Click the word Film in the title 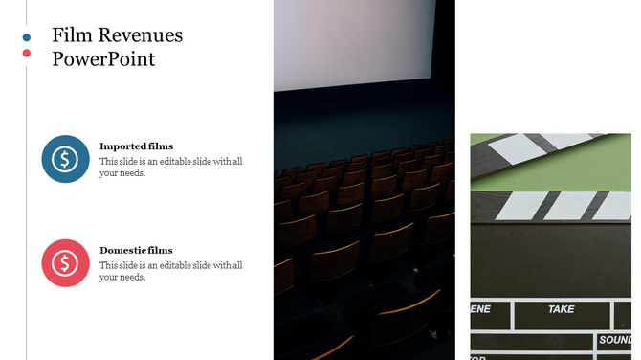(71, 36)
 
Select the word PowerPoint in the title (103, 58)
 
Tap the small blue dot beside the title (27, 37)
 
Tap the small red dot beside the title (27, 53)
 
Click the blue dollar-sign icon (65, 159)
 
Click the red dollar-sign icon (65, 262)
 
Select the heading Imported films (136, 146)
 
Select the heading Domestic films (136, 250)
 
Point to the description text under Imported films (170, 167)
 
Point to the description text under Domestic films (170, 271)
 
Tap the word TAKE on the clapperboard (561, 309)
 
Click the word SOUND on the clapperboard (615, 340)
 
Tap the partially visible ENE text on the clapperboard (480, 309)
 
